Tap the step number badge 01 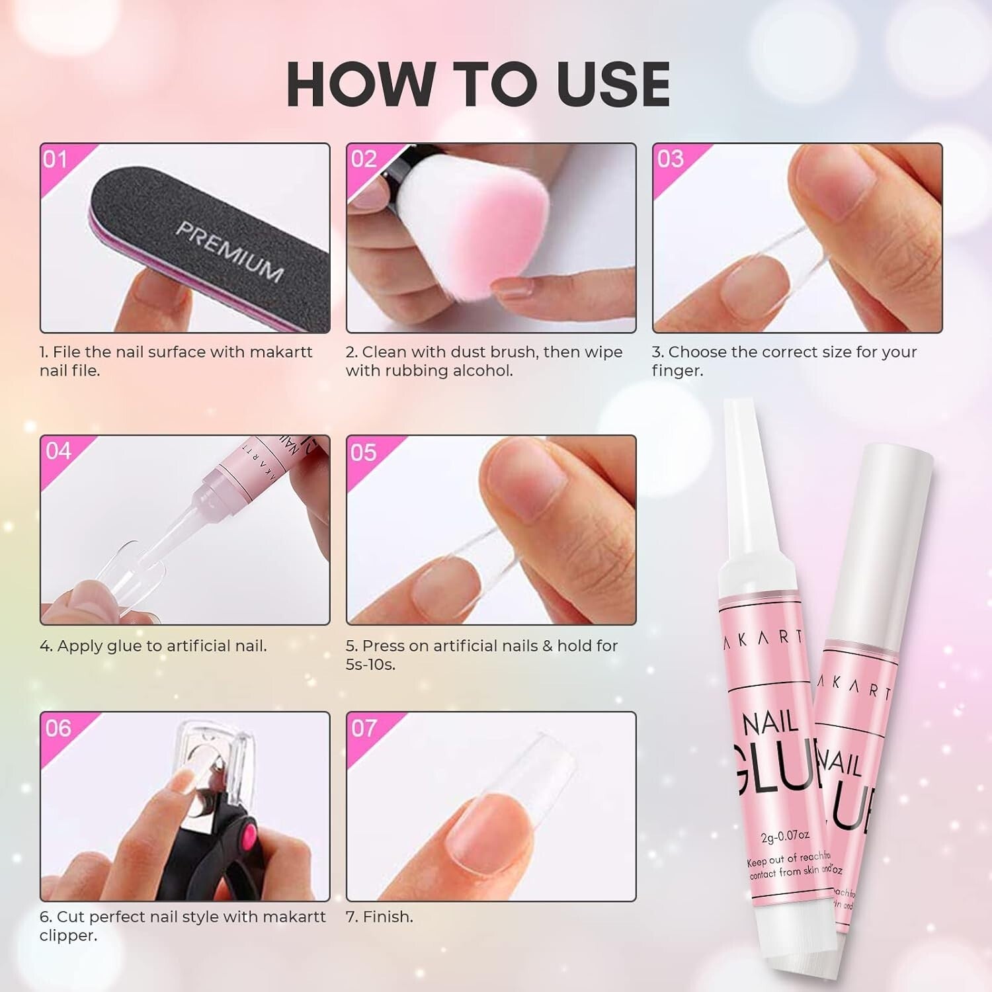(56, 159)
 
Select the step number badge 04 (58, 451)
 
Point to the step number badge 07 (364, 728)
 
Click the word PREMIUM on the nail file (229, 251)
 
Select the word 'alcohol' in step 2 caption (482, 371)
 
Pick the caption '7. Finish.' (380, 917)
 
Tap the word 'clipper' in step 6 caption (68, 936)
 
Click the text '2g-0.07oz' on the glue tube (785, 837)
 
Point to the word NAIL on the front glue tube (770, 722)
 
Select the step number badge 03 (670, 159)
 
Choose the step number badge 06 (58, 728)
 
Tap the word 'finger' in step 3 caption (675, 371)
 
